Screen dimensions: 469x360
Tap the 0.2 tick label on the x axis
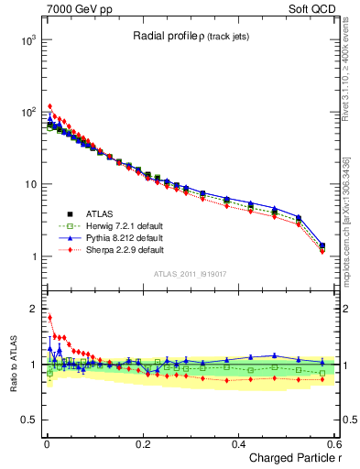tap(142, 443)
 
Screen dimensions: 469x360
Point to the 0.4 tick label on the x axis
tap(238, 443)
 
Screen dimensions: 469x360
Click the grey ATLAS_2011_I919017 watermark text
tap(189, 273)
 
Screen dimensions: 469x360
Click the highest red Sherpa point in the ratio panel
tap(49, 318)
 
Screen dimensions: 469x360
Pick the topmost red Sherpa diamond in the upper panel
tap(49, 106)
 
